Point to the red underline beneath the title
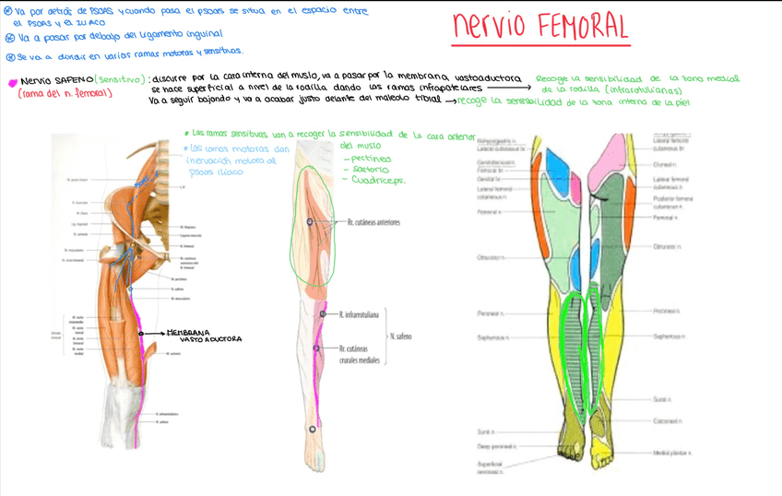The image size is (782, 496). click(x=540, y=44)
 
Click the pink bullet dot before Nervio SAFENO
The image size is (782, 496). click(x=12, y=82)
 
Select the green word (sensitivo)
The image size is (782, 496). click(x=121, y=80)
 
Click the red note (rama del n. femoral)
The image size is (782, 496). click(x=65, y=93)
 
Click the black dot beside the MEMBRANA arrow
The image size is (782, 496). click(x=140, y=332)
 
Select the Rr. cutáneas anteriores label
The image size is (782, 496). click(x=373, y=223)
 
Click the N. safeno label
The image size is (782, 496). click(x=400, y=337)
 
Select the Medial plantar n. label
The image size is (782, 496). click(x=672, y=454)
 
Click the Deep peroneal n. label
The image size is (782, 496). click(x=496, y=447)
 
